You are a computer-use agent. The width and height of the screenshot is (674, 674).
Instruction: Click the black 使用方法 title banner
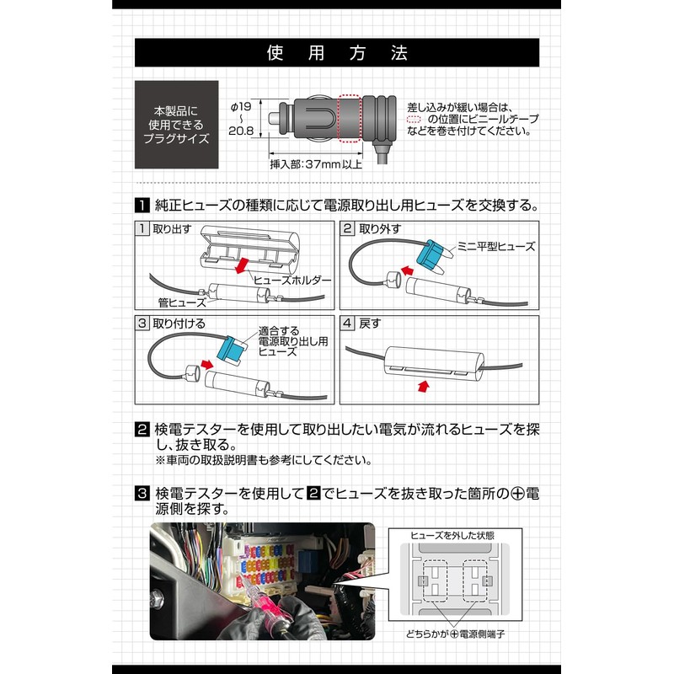[336, 52]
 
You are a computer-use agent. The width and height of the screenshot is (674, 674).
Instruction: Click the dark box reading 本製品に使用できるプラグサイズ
[176, 125]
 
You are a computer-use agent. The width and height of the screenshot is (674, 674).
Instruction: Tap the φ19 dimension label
[241, 106]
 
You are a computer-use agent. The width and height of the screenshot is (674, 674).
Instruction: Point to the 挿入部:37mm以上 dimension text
[316, 164]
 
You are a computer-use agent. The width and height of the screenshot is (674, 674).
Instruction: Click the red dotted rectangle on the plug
[350, 118]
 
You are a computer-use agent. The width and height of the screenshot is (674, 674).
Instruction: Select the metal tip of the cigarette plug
[274, 118]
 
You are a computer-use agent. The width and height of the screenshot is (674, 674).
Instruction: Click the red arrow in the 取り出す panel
[242, 265]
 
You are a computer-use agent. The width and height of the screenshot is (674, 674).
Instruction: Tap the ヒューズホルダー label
[292, 281]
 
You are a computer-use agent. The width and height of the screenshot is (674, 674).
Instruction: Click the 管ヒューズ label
[182, 302]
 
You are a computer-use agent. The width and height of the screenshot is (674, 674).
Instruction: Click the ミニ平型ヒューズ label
[496, 246]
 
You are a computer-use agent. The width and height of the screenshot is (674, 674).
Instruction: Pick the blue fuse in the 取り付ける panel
[230, 349]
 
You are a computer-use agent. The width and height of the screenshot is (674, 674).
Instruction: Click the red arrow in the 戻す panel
[424, 386]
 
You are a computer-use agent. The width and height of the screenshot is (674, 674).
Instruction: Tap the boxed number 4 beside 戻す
[347, 323]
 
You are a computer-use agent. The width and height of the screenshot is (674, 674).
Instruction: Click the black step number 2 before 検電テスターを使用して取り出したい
[142, 429]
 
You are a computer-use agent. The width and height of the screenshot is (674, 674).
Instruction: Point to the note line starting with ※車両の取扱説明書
[264, 460]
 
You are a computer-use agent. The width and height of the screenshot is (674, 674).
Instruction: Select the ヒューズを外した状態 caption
[452, 536]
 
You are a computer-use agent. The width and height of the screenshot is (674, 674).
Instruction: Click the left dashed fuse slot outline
[435, 580]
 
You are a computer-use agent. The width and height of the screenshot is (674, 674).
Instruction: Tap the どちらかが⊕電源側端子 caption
[455, 634]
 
